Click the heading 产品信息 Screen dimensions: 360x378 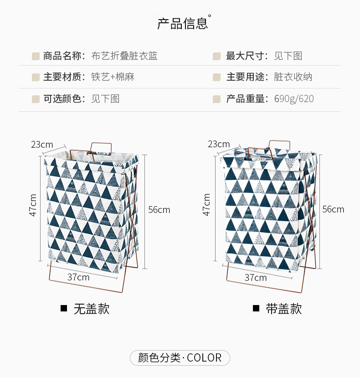coord(182,24)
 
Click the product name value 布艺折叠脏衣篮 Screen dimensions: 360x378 coord(124,56)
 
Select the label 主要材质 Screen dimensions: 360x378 coord(64,77)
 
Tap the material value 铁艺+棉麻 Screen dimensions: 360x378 coord(113,77)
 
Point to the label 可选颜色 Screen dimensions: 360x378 coord(64,98)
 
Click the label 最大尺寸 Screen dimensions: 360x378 coord(247,56)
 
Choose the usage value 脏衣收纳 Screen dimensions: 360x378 coord(293,77)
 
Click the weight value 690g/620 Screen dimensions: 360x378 coord(294,98)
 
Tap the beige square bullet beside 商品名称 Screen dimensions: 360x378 coord(36,57)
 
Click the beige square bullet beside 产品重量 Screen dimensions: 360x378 coord(217,99)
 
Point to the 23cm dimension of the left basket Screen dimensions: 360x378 coord(42,145)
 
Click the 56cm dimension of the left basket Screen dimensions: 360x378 coord(159,210)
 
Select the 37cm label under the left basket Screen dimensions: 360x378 coord(78,277)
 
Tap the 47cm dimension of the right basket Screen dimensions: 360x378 coord(207,205)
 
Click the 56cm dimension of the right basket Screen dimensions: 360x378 coord(333,209)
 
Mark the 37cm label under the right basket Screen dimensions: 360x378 coord(256,277)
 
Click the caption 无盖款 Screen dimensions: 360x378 coord(92,309)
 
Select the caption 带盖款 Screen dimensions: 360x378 coord(284,309)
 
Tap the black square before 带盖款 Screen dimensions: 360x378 coord(256,309)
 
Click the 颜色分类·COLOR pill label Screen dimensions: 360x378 coord(180,358)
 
